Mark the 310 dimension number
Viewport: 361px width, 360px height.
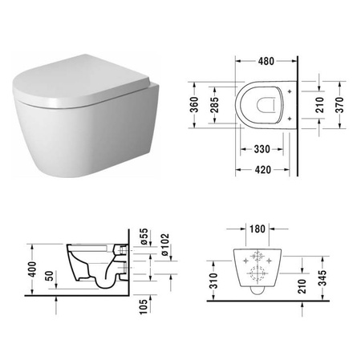point(214,280)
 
